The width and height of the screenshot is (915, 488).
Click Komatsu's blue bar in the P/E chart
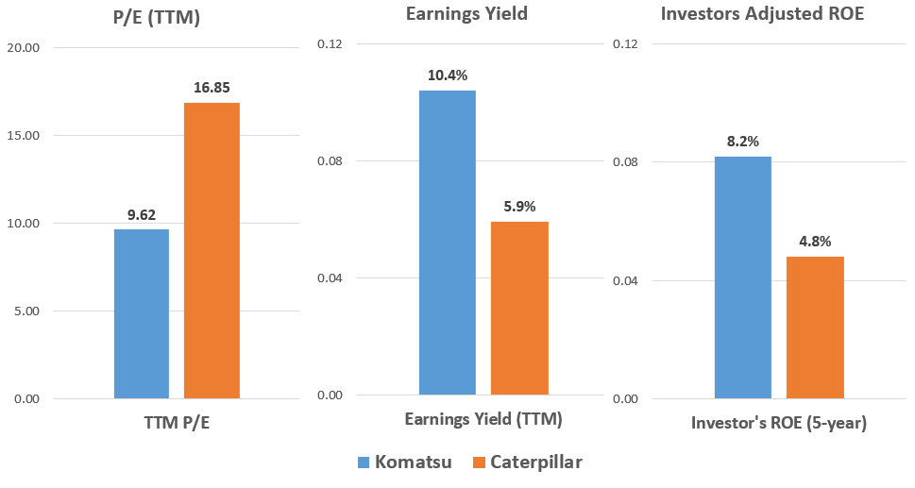pos(142,313)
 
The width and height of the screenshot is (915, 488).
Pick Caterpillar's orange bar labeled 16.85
pos(212,250)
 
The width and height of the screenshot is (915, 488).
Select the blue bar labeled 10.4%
pos(448,243)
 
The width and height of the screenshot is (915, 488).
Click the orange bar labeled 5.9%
pos(518,308)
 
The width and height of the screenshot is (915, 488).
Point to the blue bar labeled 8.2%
pos(742,277)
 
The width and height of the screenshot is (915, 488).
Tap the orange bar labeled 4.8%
pos(814,327)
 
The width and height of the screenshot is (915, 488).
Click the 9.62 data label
pos(142,214)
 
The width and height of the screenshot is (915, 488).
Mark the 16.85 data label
pos(212,88)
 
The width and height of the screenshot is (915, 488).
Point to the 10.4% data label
pos(448,76)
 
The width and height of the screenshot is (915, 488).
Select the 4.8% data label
pos(814,242)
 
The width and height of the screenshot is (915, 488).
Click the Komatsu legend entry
pos(400,463)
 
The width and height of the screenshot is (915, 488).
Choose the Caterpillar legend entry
pos(528,463)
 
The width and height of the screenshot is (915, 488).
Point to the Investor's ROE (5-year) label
pos(778,423)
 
